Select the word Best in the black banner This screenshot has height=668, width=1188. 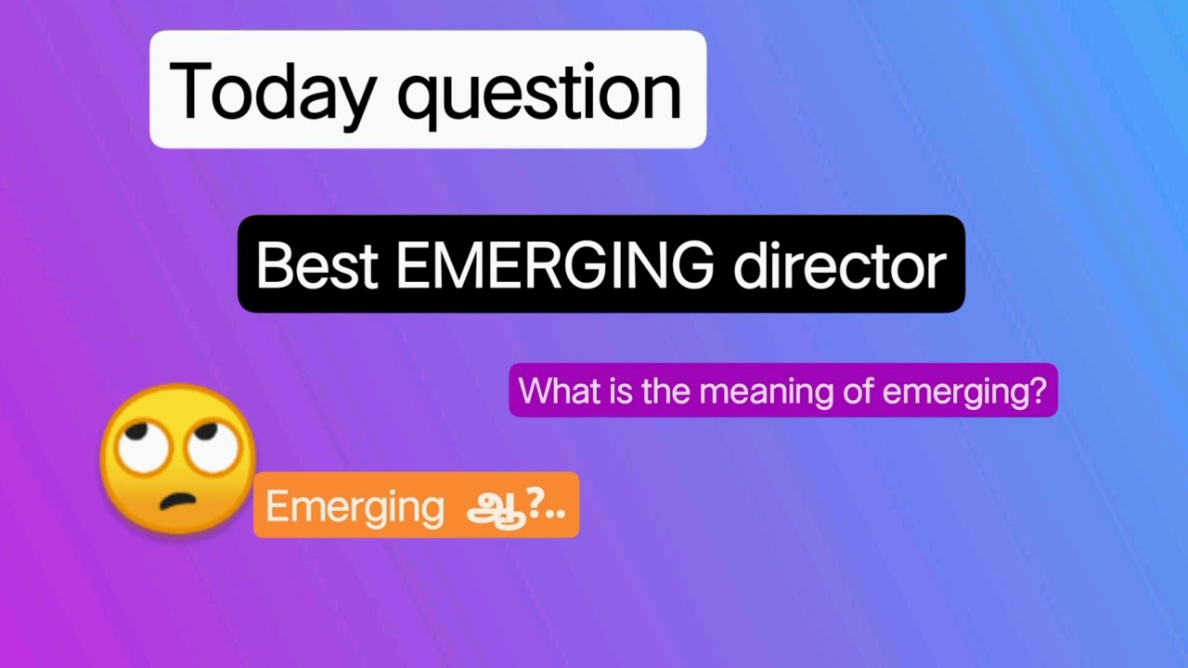click(316, 265)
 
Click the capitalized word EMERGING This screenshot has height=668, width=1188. click(554, 265)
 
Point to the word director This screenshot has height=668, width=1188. click(839, 265)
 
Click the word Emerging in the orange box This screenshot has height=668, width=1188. click(355, 507)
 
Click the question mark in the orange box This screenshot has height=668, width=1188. click(534, 505)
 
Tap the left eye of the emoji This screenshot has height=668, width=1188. click(148, 449)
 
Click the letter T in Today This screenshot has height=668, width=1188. click(189, 92)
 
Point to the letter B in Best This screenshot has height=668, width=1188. click(273, 265)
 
